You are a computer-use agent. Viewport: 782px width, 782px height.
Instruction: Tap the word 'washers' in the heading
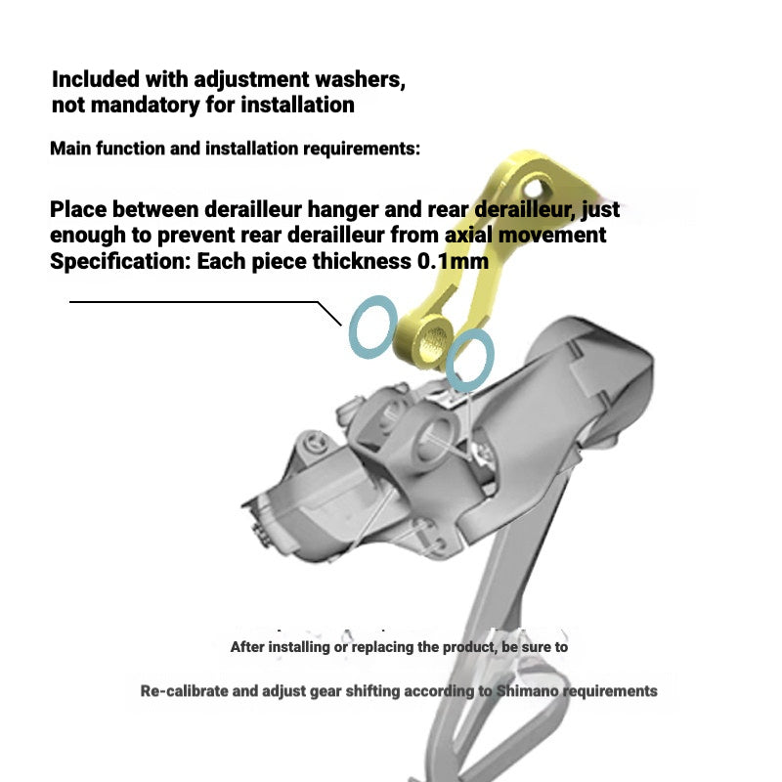coord(355,78)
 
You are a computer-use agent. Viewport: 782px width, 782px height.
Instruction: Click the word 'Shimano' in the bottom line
coord(529,691)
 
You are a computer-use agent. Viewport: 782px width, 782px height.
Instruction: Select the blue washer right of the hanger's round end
coord(469,359)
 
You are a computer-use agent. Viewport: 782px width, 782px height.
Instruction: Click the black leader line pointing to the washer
coord(195,302)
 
